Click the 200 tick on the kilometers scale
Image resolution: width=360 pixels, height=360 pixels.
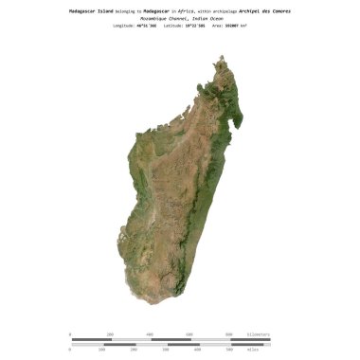point(111,334)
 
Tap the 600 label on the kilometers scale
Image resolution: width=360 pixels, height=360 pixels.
point(189,334)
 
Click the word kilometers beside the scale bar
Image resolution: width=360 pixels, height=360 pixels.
point(259,334)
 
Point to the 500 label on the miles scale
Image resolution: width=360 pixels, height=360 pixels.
point(228,350)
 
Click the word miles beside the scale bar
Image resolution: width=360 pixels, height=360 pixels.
point(253,350)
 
